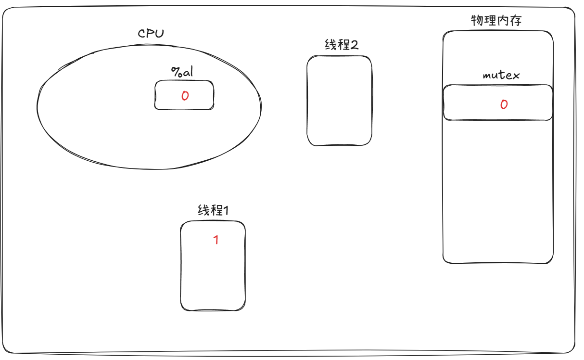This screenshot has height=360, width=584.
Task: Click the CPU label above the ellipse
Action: (151, 34)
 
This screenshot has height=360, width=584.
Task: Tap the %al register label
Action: (182, 72)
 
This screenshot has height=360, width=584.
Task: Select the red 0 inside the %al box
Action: (185, 96)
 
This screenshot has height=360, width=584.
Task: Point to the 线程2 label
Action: (342, 45)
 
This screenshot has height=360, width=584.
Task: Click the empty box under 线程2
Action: (339, 101)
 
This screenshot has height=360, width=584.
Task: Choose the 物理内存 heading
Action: (496, 21)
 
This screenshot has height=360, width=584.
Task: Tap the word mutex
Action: (501, 76)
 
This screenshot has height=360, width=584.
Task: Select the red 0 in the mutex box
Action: (504, 104)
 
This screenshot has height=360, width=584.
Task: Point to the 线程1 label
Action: (213, 210)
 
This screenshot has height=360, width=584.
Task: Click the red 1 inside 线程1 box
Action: (216, 240)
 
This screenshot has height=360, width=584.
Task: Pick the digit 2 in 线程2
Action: (355, 45)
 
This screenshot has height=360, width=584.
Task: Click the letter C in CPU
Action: (142, 34)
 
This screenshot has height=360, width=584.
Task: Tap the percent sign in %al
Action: (176, 72)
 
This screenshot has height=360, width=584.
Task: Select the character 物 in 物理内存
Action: (477, 21)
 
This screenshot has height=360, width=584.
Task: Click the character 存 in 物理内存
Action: (516, 21)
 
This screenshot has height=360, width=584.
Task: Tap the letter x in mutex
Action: (516, 76)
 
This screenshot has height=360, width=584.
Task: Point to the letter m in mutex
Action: (487, 76)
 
